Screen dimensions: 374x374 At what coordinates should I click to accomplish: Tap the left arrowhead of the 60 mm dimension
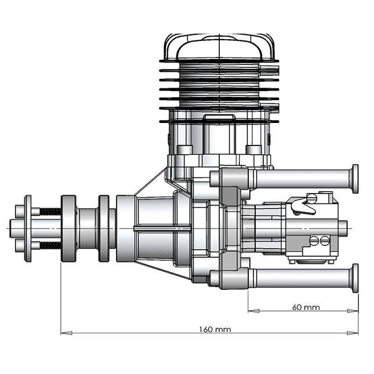pyautogui.click(x=252, y=311)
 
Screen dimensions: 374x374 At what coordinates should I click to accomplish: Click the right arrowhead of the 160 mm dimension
pyautogui.click(x=354, y=333)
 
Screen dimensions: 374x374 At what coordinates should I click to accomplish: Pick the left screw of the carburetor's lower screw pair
pyautogui.click(x=314, y=240)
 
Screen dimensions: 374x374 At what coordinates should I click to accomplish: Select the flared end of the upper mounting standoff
pyautogui.click(x=354, y=179)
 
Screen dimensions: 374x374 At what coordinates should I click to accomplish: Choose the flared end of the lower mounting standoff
pyautogui.click(x=354, y=278)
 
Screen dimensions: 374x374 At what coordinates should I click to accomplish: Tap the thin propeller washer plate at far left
pyautogui.click(x=27, y=228)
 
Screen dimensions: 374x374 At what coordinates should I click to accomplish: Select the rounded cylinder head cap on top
pyautogui.click(x=219, y=46)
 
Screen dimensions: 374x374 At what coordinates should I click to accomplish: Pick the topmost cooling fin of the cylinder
pyautogui.click(x=219, y=61)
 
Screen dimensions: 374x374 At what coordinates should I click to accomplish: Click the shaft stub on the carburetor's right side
pyautogui.click(x=342, y=227)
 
